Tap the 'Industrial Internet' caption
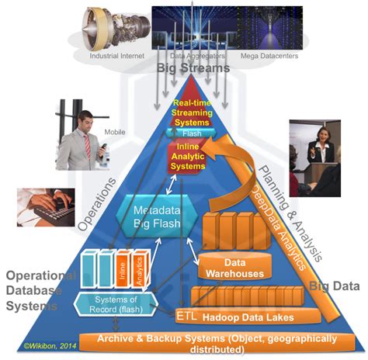pyautogui.click(x=115, y=57)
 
